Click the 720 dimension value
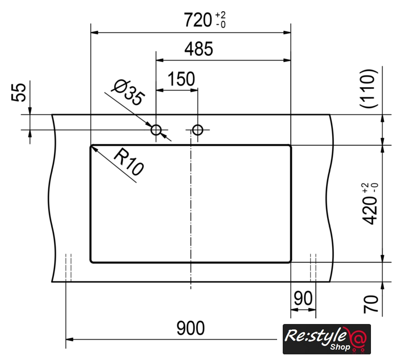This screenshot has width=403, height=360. coord(198,20)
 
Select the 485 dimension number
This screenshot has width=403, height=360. coord(198,48)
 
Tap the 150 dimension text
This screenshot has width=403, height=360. coord(181,79)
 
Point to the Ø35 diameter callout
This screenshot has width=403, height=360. coord(128,93)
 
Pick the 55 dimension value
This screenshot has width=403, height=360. coord(19,93)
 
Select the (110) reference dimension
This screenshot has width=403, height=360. coord(369,89)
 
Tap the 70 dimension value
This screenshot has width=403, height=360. coord(371,304)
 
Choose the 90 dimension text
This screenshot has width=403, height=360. coord(304,298)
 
